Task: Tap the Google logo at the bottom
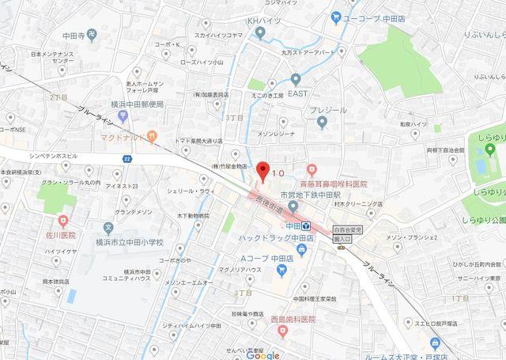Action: click(262, 354)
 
